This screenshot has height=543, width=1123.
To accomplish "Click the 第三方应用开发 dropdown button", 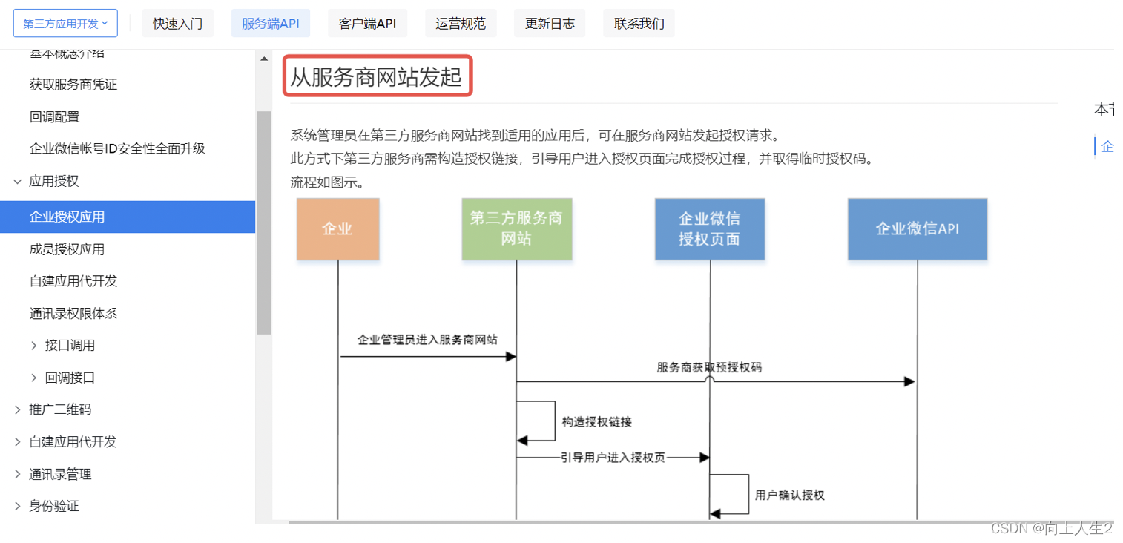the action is coord(65,24).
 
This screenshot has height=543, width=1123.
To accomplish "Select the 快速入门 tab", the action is coord(177,24).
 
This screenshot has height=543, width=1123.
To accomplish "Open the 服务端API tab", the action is coord(271,24).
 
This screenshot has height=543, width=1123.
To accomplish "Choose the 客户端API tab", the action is coord(367,24).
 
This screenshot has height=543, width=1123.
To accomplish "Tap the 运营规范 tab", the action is coord(461,24).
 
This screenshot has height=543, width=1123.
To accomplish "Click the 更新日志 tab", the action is coord(550,24).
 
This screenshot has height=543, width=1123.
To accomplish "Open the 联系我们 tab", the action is coord(639,24).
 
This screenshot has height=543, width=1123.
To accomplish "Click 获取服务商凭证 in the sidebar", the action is coord(73,85).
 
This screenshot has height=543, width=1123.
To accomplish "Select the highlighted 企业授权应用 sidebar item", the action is coord(67,217).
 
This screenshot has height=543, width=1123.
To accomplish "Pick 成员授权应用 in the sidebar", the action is coord(67,249).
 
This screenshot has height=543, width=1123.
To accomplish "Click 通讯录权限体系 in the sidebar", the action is coord(73,313).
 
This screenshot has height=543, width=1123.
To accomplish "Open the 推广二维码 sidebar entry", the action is coord(60,409).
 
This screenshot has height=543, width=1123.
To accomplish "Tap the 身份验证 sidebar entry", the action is coord(54,506).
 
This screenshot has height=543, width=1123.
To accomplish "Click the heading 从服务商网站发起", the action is coord(376,76).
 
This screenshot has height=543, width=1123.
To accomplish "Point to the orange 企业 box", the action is coord(337,228).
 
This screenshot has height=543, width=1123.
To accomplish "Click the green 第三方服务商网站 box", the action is coord(516,228).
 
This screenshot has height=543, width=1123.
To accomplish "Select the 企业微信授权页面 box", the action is coord(709,228).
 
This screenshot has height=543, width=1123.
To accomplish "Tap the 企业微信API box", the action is coord(917,228).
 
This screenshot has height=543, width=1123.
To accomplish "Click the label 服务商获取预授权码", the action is coord(708,367).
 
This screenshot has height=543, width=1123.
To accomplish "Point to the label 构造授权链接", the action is coord(596,422).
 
